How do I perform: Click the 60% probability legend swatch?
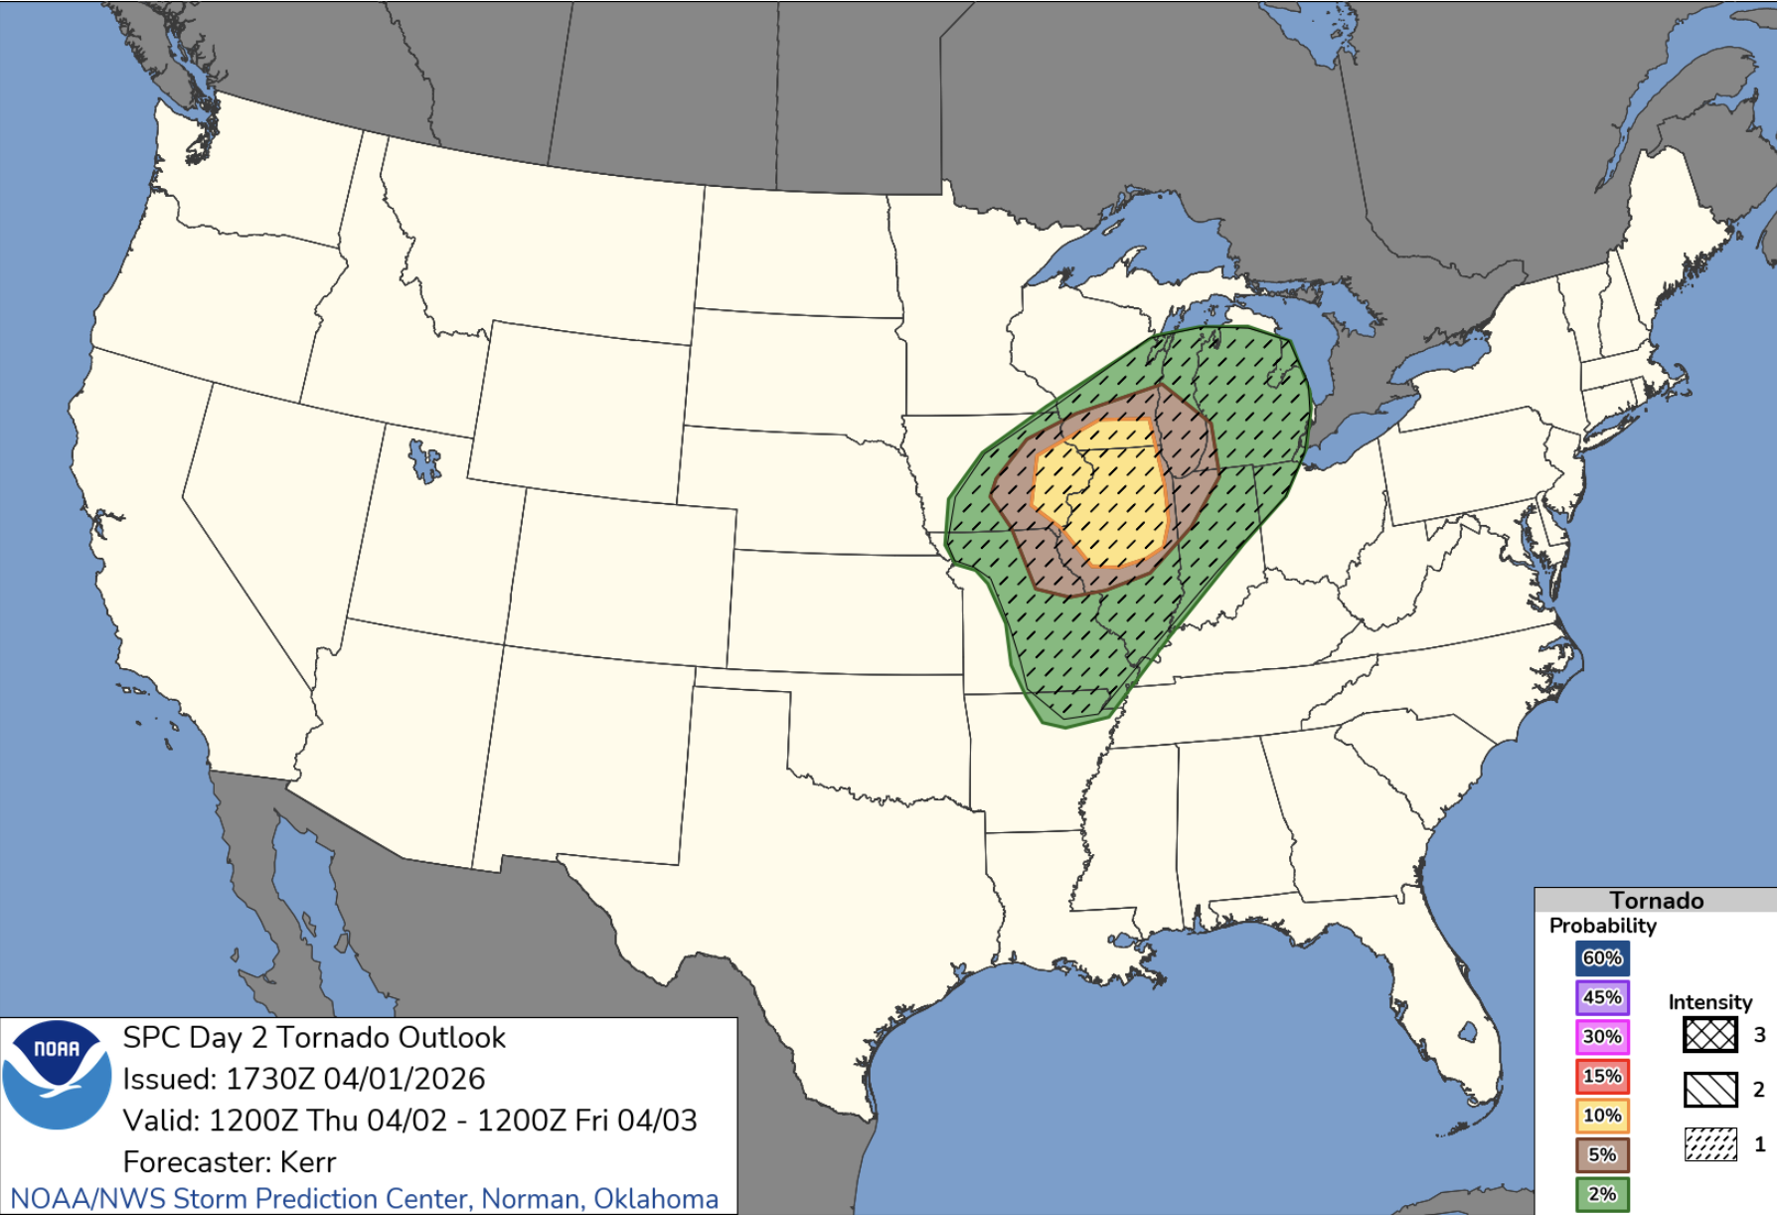(1601, 957)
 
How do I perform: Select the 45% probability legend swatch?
(1601, 997)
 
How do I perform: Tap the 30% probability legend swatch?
(1601, 1036)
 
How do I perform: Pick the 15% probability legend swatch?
(1601, 1076)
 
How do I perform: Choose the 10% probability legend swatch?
(1601, 1116)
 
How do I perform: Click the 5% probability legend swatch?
(1601, 1154)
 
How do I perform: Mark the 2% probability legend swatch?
(1601, 1194)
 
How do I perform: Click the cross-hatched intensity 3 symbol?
(1709, 1035)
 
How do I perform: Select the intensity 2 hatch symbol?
(1709, 1090)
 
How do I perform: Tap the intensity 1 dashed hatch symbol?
(1709, 1144)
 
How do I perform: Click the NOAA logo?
(57, 1074)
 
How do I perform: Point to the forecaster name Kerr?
(308, 1161)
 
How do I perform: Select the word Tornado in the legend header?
(1656, 900)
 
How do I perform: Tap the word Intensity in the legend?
(1709, 1002)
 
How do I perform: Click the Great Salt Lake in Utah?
(424, 462)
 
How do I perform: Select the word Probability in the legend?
(1602, 926)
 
